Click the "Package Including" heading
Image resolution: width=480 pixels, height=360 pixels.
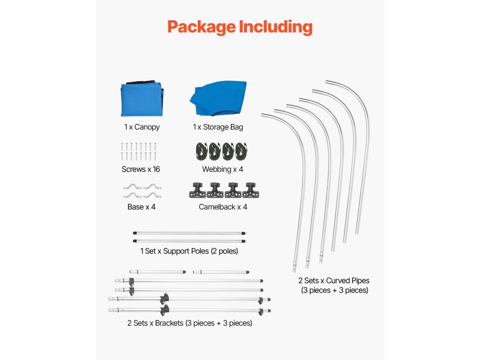click(240, 27)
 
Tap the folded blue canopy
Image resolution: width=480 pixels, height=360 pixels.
click(142, 100)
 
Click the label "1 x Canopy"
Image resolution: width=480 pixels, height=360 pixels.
click(142, 127)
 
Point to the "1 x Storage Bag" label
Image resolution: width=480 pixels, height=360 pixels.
click(217, 127)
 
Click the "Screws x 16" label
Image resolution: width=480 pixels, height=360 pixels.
click(141, 169)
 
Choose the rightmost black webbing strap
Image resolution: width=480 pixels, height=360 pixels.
click(241, 151)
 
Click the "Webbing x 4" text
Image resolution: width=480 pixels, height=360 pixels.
click(223, 169)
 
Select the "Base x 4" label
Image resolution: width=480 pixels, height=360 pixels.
click(141, 207)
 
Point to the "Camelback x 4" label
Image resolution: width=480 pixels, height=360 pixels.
click(223, 207)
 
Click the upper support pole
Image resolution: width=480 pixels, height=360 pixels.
click(189, 232)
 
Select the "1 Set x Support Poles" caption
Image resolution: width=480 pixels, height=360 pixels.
click(189, 251)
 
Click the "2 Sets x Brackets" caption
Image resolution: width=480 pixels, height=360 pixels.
click(189, 323)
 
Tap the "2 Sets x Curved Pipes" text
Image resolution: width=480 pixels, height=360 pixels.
click(334, 281)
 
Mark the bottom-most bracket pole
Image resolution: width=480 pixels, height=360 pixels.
click(189, 310)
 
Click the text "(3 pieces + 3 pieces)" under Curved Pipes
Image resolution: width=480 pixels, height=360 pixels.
click(334, 290)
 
